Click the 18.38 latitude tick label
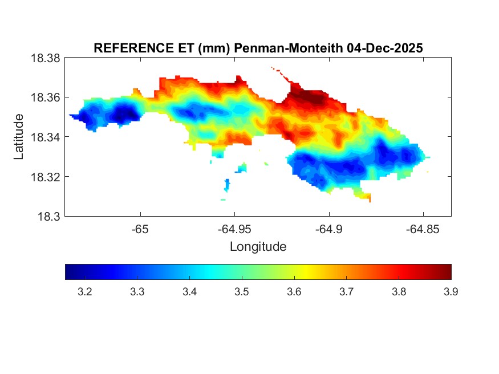point(44,58)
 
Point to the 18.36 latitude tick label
point(44,97)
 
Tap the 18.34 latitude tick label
point(44,137)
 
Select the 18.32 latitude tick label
point(44,177)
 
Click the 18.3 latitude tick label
point(48,216)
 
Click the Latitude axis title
point(19,137)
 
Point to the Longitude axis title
point(258,247)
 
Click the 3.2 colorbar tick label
point(85,292)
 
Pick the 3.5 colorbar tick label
point(242,292)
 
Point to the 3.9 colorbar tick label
point(451,292)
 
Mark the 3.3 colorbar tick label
point(137,292)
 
